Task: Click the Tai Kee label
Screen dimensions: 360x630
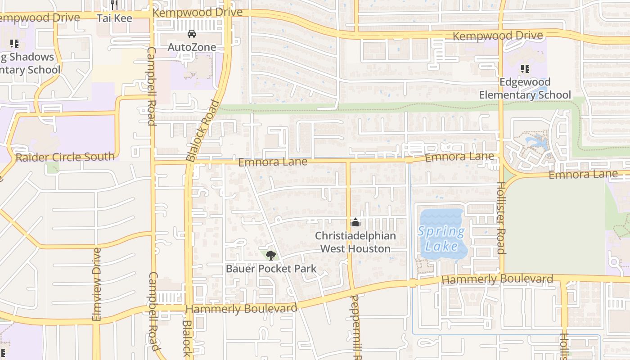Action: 115,18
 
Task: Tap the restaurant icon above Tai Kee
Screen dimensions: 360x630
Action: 114,5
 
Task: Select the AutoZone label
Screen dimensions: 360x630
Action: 192,47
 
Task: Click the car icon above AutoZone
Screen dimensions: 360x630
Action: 192,34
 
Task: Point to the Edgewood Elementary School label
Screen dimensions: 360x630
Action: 525,89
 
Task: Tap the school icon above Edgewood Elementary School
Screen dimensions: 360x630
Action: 525,69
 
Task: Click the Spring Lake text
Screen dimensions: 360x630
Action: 441,239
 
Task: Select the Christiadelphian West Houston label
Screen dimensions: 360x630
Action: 355,242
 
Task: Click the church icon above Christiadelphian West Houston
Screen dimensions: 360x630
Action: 355,222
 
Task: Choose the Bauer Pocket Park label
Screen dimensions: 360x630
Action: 271,269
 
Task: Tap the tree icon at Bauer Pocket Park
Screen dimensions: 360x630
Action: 270,256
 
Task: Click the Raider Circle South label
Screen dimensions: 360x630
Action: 65,157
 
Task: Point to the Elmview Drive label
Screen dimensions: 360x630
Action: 97,284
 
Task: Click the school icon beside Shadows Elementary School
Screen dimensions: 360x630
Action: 14,44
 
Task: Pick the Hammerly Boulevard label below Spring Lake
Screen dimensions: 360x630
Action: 497,279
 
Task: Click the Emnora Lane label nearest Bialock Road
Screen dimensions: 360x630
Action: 273,162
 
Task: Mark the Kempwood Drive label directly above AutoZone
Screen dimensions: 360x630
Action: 197,13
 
